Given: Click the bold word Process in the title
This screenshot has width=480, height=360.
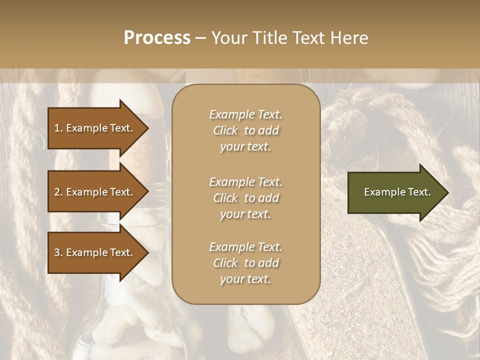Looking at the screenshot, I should point(157,38).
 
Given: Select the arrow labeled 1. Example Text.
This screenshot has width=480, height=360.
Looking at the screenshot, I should point(95,128).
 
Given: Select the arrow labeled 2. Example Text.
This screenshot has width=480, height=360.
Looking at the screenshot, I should point(95,192).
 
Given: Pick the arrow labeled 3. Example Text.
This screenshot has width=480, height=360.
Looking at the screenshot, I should point(95,252).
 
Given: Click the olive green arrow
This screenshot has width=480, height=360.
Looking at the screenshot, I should point(395,192).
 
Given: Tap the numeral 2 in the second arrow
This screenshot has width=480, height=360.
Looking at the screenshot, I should point(57,192).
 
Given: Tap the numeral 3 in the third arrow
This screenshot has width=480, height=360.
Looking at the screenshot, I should point(57,252).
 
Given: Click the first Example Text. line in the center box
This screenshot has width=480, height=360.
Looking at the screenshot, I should point(245,114).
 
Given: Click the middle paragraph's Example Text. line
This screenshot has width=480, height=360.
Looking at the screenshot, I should point(245,182).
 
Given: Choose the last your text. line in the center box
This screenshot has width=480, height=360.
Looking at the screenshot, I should point(245,279).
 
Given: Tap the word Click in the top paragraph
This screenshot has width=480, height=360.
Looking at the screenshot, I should point(225,130).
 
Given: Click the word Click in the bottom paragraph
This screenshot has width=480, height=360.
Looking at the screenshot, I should point(225,263).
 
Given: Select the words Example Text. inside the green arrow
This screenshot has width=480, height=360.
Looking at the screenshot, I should point(397,192).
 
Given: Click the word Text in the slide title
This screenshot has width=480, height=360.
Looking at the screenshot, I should point(305,38).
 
